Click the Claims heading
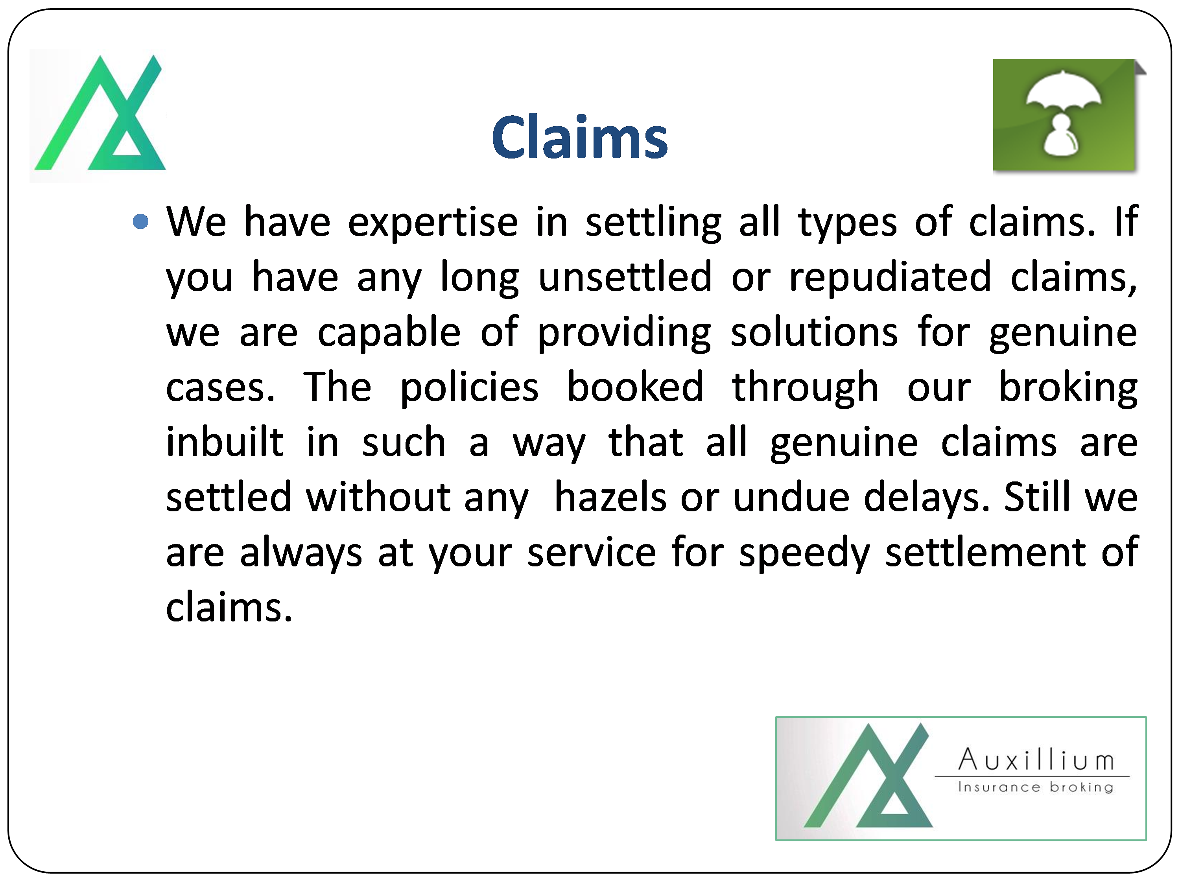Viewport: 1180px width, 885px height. [x=579, y=138]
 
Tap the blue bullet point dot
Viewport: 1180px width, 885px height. [x=140, y=221]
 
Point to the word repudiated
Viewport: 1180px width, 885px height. [x=890, y=277]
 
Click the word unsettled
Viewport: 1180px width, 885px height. [x=625, y=277]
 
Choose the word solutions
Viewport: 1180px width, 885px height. [x=814, y=332]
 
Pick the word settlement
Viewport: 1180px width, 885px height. [x=985, y=552]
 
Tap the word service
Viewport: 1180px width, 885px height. [x=592, y=553]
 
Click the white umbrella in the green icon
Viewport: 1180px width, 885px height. [x=1063, y=93]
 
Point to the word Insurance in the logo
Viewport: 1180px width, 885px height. [x=999, y=787]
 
